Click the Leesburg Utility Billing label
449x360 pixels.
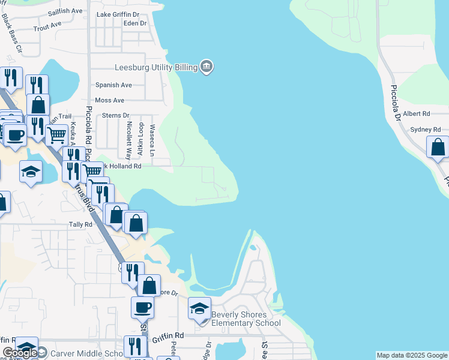156,67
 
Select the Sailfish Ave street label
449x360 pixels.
65,11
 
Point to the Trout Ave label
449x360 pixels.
48,26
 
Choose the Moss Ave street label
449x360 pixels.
110,100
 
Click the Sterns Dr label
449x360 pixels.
116,115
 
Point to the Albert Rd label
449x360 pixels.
417,113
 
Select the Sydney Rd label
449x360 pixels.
426,130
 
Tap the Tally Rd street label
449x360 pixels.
80,224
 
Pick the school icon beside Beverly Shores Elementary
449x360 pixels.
200,309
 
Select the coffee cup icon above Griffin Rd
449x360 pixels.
143,308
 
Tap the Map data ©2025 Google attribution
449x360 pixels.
412,355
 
